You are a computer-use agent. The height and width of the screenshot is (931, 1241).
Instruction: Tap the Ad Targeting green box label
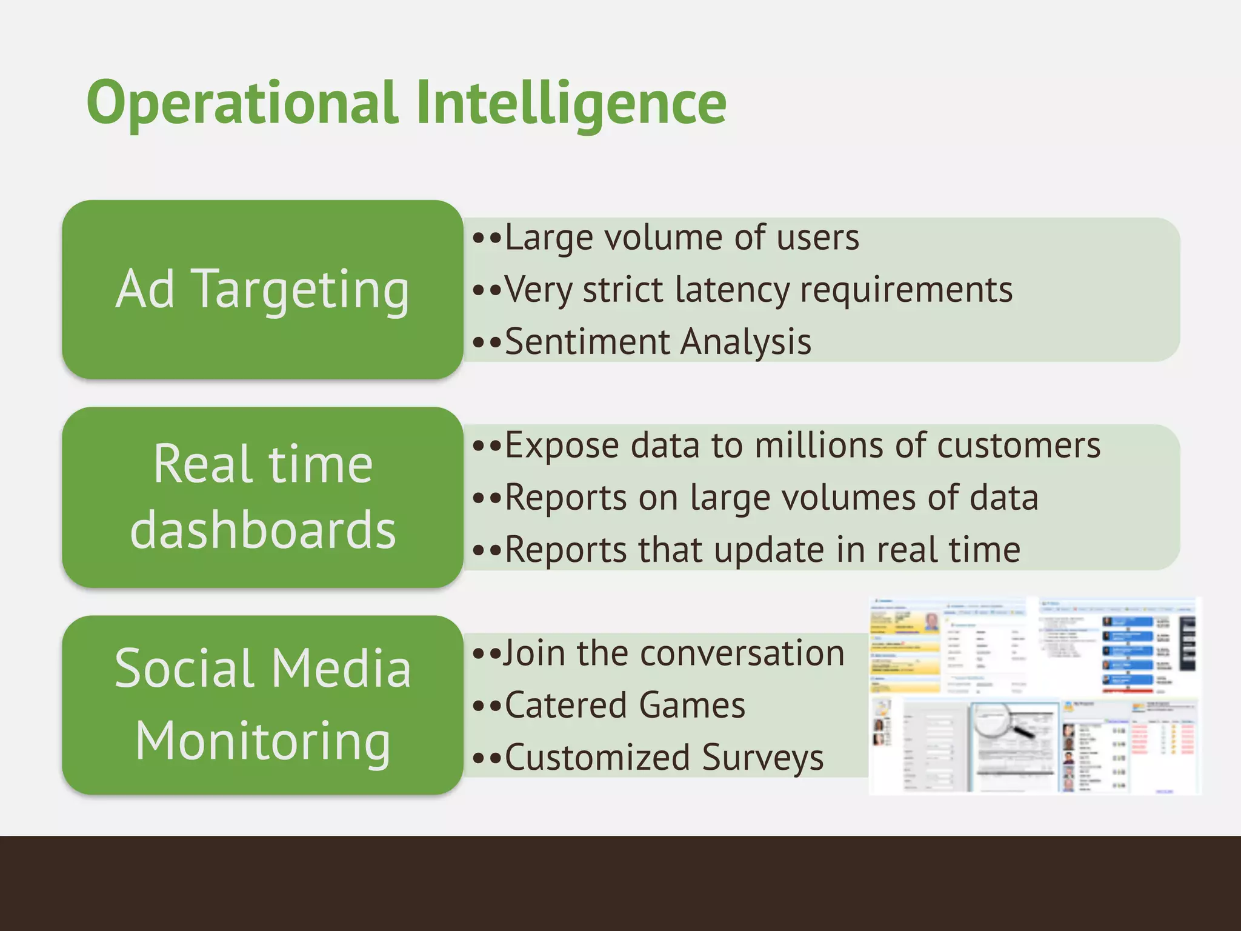(x=262, y=289)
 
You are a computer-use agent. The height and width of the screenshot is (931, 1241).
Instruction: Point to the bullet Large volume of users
(x=682, y=237)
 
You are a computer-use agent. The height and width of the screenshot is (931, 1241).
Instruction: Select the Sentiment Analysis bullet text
(x=657, y=341)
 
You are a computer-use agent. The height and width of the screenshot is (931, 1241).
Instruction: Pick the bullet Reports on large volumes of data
(x=771, y=498)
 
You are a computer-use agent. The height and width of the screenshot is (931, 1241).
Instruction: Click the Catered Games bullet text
(x=624, y=706)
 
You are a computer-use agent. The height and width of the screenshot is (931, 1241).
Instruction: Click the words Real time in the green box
(x=262, y=464)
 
